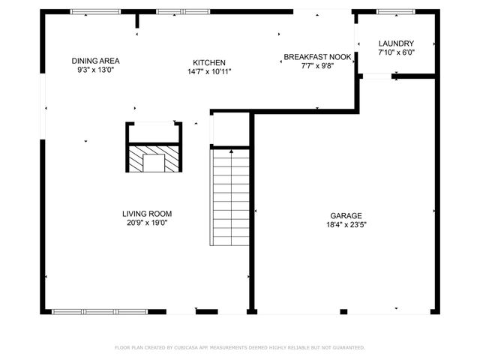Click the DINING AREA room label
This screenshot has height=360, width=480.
click(x=95, y=61)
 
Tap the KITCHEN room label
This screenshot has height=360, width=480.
click(x=209, y=62)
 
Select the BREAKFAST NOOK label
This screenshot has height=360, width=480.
click(x=318, y=56)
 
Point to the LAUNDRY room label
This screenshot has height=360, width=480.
click(x=396, y=43)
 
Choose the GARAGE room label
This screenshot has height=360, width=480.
click(x=346, y=214)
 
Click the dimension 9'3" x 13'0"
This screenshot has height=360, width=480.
click(x=95, y=70)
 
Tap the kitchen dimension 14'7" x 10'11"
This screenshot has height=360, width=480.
click(x=209, y=71)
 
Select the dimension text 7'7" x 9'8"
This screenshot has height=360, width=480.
click(x=316, y=65)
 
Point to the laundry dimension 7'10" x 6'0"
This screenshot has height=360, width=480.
click(x=396, y=52)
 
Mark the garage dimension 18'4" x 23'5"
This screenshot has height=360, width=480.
click(x=346, y=223)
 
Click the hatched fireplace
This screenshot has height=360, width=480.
click(x=154, y=159)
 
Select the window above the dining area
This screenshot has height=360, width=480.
click(x=95, y=11)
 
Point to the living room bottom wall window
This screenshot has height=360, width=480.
click(x=99, y=311)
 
